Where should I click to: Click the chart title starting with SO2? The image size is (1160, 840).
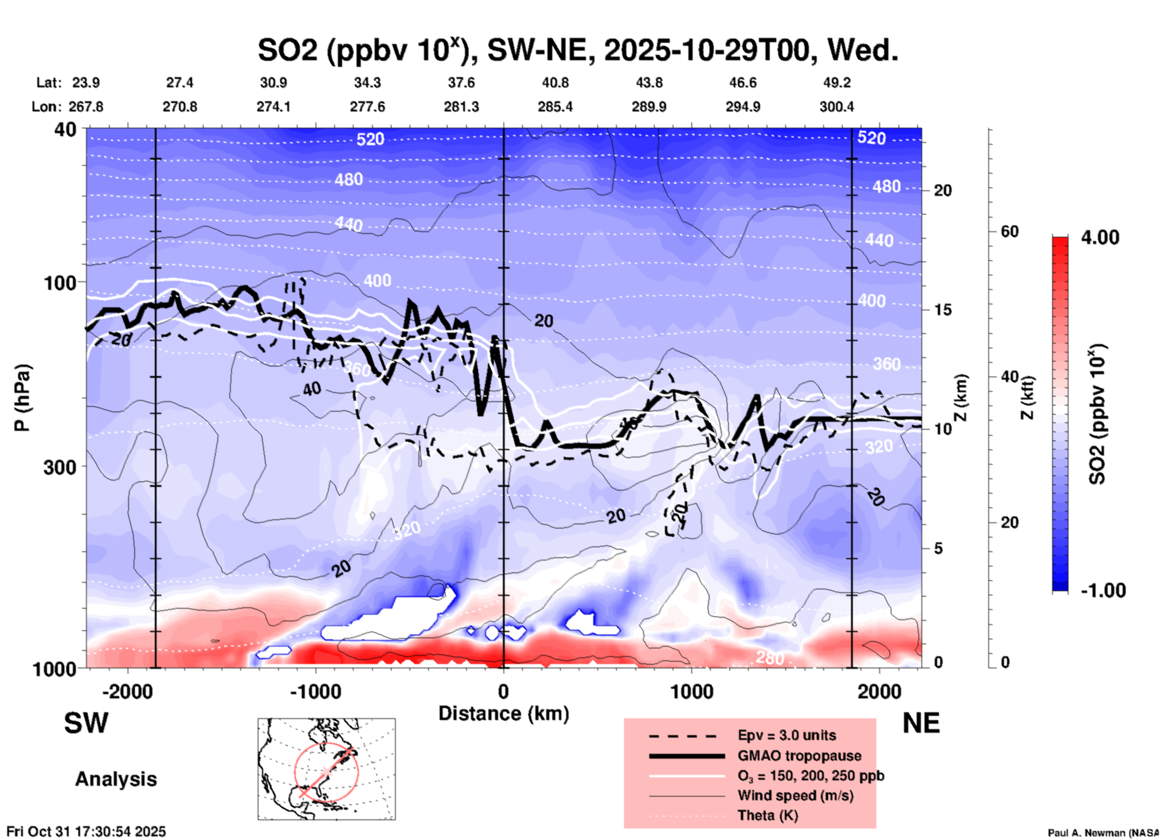coord(578,50)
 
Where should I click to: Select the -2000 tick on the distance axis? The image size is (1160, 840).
coord(127,691)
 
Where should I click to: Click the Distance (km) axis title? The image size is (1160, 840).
coord(504,713)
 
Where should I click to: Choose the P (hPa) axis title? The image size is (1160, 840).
coord(22,398)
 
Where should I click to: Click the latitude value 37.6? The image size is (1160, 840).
coord(461,83)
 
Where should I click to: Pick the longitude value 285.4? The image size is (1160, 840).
coord(555,107)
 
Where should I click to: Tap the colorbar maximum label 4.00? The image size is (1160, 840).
coord(1100,237)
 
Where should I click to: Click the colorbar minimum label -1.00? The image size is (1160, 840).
coord(1103,591)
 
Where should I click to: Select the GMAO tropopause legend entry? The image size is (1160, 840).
coord(799,756)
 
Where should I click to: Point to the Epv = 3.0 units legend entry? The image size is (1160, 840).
coord(787,735)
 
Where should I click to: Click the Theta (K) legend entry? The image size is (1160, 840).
coord(767,815)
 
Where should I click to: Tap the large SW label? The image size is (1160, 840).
coord(86,723)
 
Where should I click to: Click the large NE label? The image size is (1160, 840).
coord(921,723)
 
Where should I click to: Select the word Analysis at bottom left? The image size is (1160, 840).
coord(116,779)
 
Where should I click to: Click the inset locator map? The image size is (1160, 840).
coord(326,769)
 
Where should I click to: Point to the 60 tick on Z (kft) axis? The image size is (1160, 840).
coord(1009,231)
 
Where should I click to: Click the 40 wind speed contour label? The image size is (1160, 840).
coord(311,389)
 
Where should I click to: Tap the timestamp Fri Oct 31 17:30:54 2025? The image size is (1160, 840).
coord(86,832)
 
